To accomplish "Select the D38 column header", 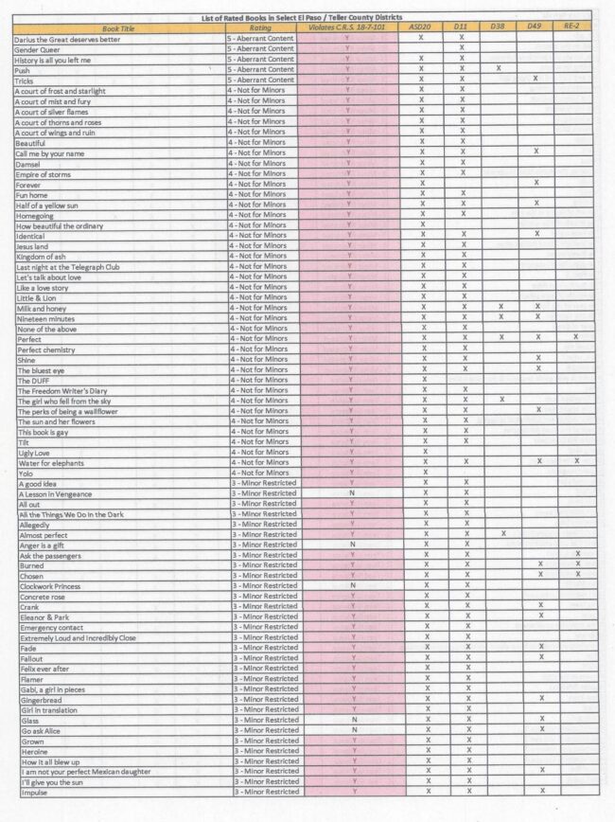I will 498,28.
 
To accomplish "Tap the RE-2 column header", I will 571,28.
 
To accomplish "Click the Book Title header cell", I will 118,28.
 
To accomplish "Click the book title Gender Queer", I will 37,49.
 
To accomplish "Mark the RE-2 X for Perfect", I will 575,337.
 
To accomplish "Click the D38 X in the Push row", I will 499,69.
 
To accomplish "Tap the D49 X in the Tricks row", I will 536,79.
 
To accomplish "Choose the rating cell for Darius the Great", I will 261,39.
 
